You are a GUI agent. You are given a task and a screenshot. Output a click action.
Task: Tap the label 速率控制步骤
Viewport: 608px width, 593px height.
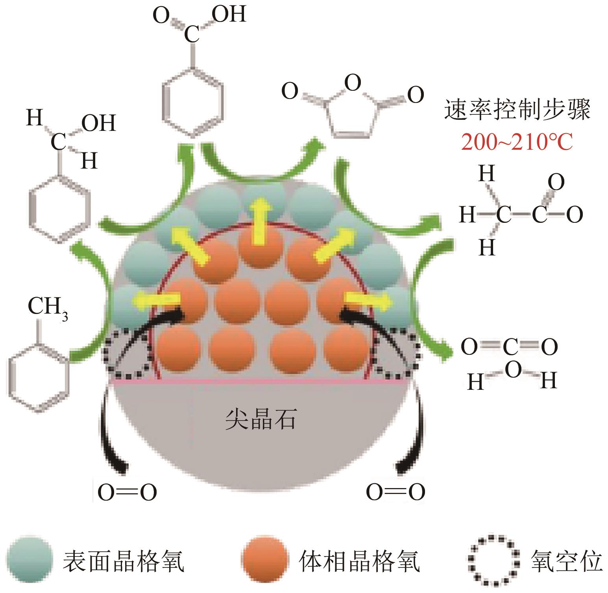[x=517, y=110]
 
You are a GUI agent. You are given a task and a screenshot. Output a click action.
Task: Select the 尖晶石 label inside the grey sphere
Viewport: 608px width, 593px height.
[x=260, y=420]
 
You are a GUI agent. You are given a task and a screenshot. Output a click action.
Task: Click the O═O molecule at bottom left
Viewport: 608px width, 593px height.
[x=127, y=492]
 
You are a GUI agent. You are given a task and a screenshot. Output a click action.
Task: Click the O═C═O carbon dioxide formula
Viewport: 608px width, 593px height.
[x=509, y=347]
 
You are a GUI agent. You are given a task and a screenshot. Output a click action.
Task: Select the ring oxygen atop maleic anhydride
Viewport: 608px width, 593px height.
[x=352, y=83]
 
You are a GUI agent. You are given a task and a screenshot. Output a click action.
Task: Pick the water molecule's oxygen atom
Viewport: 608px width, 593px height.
[x=512, y=370]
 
